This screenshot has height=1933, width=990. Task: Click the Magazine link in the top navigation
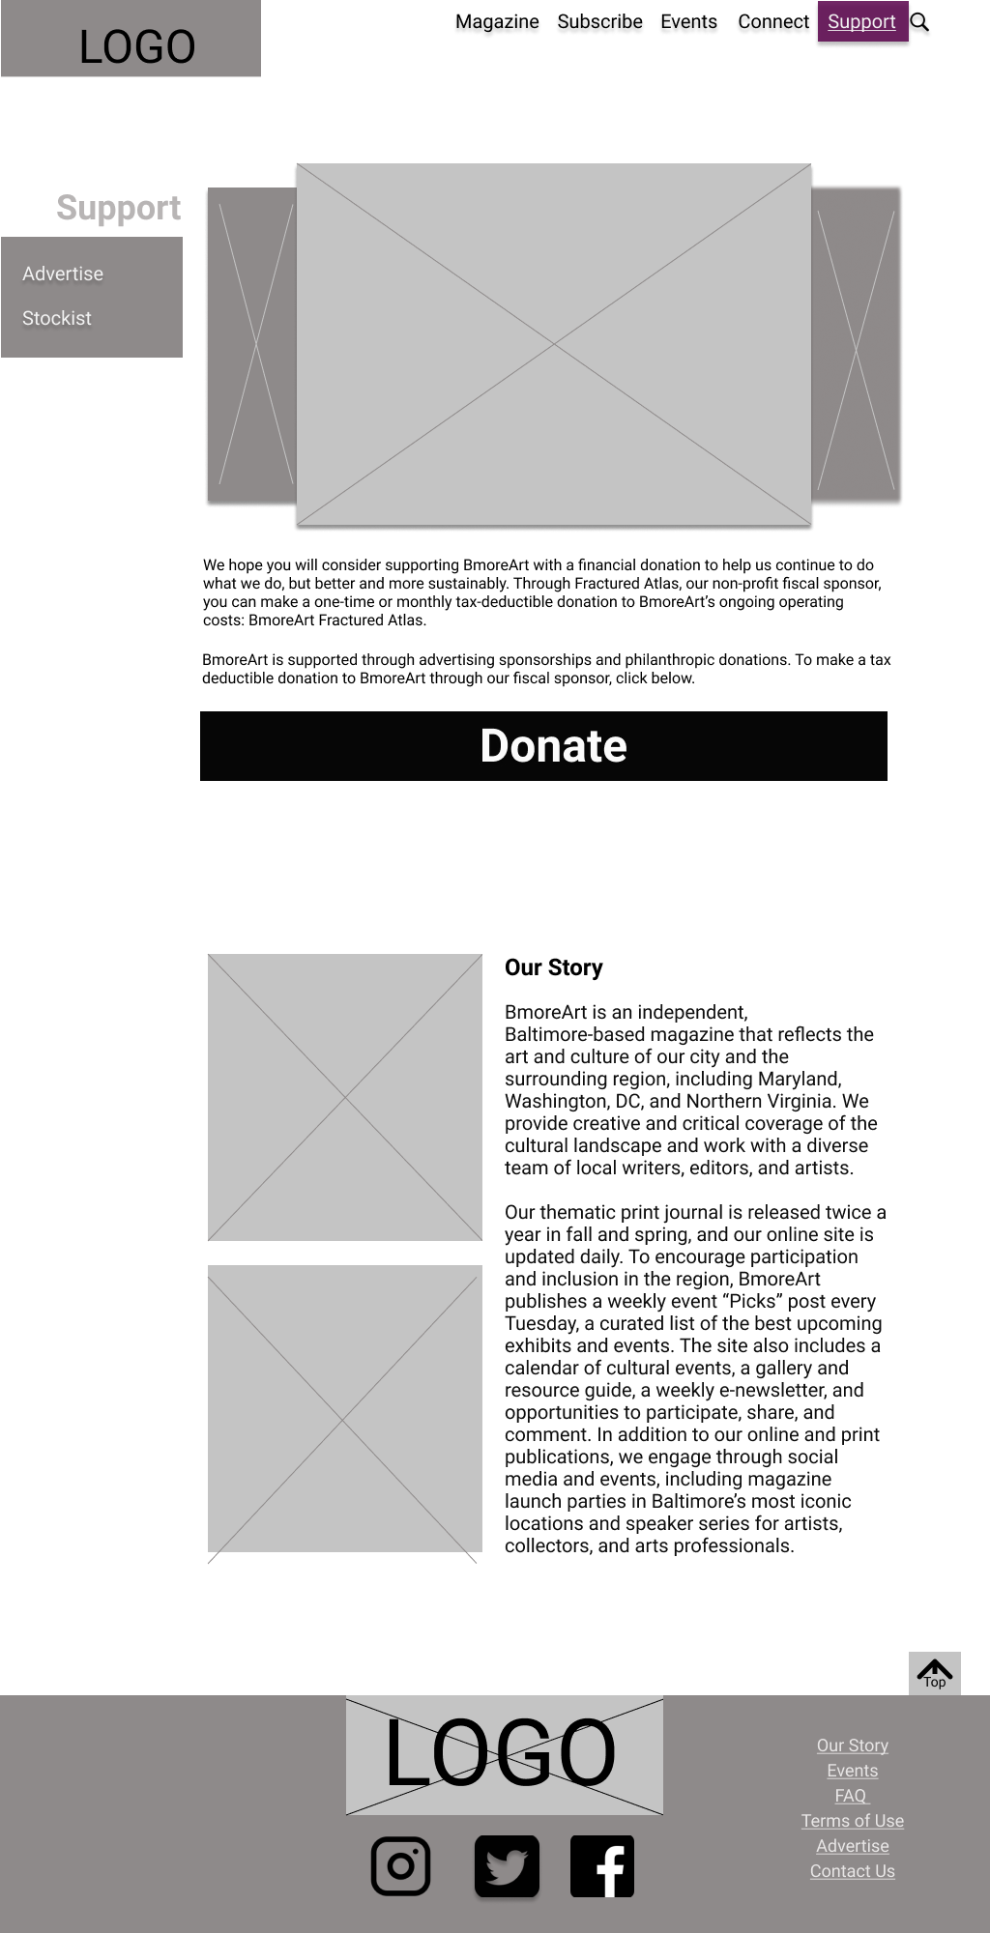[497, 21]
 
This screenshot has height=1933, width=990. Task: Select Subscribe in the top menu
[599, 21]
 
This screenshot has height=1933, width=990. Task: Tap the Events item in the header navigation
[688, 21]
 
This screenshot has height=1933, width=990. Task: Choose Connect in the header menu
[772, 21]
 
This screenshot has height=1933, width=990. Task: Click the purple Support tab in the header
[861, 21]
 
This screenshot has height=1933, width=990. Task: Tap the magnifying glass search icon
[919, 22]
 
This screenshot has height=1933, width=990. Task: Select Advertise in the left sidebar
[63, 274]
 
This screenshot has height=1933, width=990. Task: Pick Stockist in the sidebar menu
[57, 318]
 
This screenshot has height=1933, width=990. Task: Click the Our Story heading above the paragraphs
[553, 967]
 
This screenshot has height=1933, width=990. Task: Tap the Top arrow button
[934, 1673]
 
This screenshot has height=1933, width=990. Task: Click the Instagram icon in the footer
[400, 1865]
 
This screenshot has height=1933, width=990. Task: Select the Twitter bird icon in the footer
[507, 1865]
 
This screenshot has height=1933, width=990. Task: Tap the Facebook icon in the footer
[602, 1865]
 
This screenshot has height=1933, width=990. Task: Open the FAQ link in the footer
[851, 1796]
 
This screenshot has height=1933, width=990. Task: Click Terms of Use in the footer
[852, 1821]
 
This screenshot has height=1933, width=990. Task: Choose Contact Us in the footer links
[852, 1871]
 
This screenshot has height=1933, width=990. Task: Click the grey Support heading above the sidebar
[118, 208]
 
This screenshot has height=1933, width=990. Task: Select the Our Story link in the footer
[852, 1745]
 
